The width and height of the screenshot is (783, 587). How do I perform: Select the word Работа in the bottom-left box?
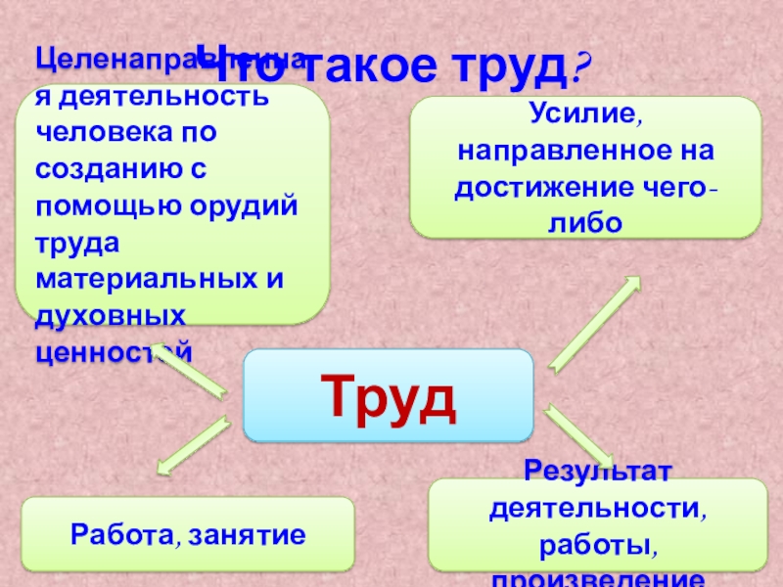coord(115,534)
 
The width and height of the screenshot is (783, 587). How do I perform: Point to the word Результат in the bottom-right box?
coord(598,472)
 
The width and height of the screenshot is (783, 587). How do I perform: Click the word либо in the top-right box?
coord(584,222)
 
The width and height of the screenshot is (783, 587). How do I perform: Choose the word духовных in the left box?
coord(111,314)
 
